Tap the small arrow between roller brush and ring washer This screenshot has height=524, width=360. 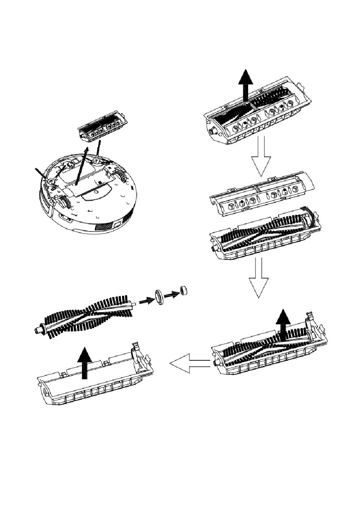tap(145, 301)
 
